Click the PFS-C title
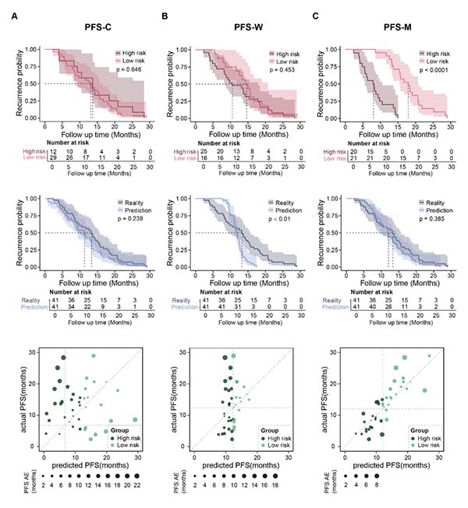click(96, 29)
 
